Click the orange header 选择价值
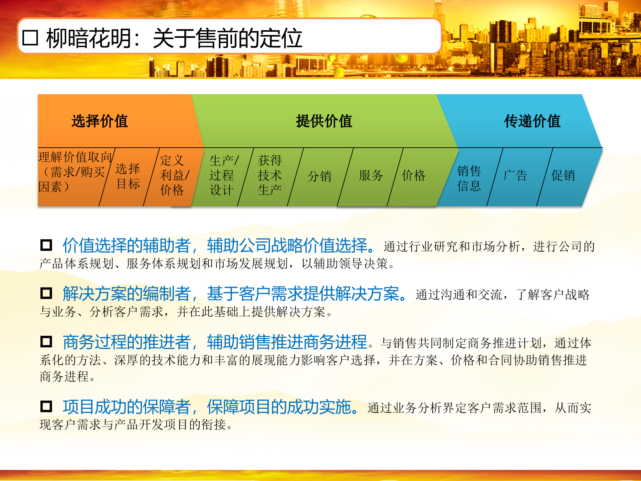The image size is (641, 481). pos(99,121)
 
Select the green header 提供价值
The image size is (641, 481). pos(324,121)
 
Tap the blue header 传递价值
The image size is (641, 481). pos(532,121)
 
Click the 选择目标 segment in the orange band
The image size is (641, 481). pos(128,176)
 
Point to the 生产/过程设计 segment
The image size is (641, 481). pos(223,175)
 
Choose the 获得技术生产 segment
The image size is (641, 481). pos(270,175)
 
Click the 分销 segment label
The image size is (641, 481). pos(319,176)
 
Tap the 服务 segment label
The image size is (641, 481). pos(371,175)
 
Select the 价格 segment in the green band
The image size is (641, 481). pos(413,175)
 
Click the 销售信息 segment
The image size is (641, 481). pos(469,178)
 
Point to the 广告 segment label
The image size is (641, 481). pos(515,175)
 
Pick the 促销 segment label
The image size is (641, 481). pos(563,175)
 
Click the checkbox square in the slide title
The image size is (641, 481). pos(30,38)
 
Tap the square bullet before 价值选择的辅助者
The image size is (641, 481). pos(46,245)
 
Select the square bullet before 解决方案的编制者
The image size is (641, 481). pos(46,293)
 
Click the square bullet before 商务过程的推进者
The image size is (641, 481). pos(46,341)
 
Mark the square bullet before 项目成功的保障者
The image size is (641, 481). pos(46,407)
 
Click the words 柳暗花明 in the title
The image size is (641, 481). pos(88,38)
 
